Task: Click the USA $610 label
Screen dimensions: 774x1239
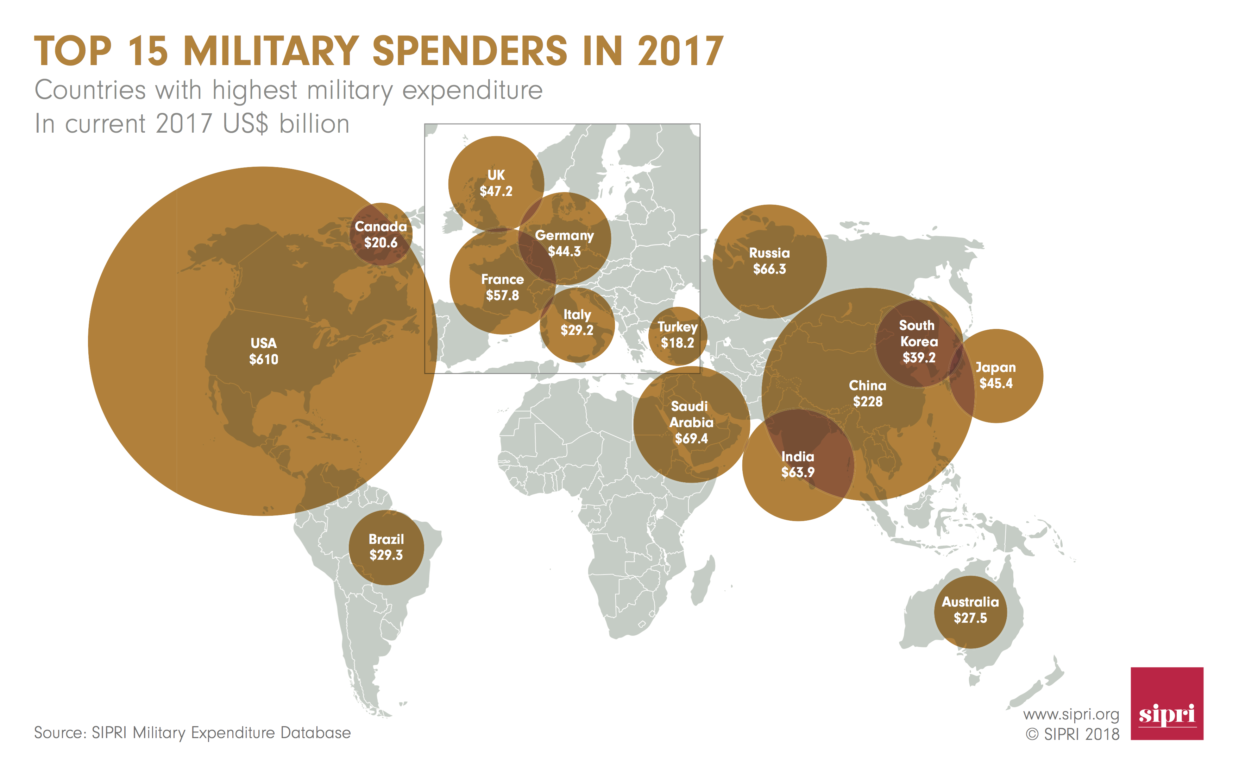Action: pos(263,351)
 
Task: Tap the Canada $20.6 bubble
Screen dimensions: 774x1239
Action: pos(381,234)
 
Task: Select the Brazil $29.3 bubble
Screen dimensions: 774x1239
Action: pos(386,547)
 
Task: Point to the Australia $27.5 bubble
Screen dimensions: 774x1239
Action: pos(970,610)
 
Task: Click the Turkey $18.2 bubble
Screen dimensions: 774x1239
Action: pos(677,335)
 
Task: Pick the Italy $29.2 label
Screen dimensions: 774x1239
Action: pos(577,323)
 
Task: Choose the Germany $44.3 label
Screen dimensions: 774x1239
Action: pos(564,243)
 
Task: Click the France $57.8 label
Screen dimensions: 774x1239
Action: pos(502,287)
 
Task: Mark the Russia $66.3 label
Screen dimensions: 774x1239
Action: pos(769,261)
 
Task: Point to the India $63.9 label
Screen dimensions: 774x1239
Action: pos(797,464)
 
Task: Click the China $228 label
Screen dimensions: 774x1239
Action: pos(867,393)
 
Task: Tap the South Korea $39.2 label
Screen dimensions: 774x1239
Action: pos(918,342)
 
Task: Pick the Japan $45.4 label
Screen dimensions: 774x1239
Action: pos(995,375)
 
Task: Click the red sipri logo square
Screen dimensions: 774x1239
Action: pos(1166,703)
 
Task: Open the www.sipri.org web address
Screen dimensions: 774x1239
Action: pos(1071,715)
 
